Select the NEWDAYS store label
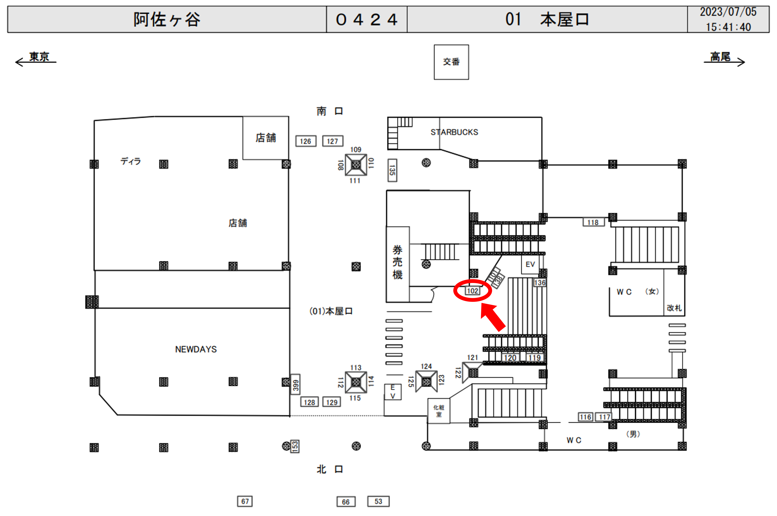coord(196,349)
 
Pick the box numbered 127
coord(332,141)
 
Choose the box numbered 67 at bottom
coord(245,501)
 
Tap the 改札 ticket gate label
coord(674,308)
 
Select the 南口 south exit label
coord(329,111)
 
